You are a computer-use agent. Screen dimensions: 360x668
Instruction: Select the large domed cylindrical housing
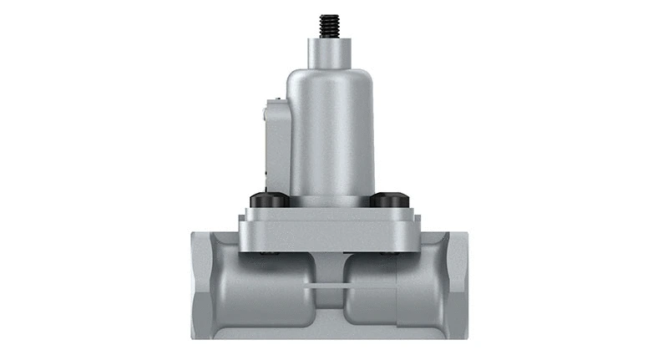pyautogui.click(x=331, y=134)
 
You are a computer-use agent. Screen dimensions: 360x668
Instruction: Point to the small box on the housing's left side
pyautogui.click(x=276, y=142)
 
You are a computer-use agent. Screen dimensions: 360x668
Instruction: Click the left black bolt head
pyautogui.click(x=269, y=200)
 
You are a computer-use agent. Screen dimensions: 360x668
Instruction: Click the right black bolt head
pyautogui.click(x=390, y=200)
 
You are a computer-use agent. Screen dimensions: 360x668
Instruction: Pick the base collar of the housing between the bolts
pyautogui.click(x=331, y=200)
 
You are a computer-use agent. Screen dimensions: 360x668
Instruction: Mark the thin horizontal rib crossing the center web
pyautogui.click(x=334, y=286)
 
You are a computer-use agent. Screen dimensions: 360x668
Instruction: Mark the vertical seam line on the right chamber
pyautogui.click(x=397, y=292)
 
